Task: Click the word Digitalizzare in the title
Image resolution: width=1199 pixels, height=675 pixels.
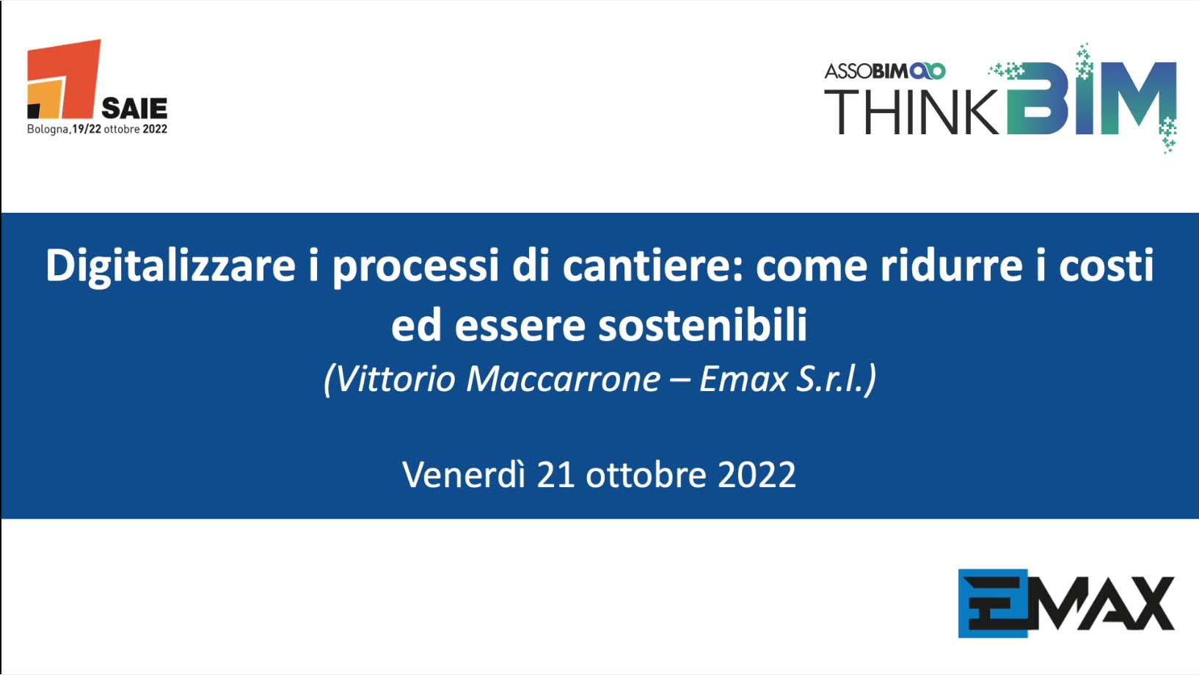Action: coord(170,266)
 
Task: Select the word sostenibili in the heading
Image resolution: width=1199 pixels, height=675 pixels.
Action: coord(702,325)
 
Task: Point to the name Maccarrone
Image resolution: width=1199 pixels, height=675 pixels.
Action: coord(563,379)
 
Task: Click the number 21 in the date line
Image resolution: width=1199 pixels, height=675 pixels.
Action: coord(555,475)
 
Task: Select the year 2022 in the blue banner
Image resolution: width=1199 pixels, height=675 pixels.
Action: coord(757,475)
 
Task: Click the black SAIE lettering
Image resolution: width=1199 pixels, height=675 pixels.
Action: coord(134,109)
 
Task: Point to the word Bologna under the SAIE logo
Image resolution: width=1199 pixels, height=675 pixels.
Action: coord(48,130)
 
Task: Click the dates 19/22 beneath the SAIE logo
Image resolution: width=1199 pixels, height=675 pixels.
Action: coord(87,129)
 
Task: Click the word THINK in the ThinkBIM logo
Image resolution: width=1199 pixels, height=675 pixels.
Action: coord(911,112)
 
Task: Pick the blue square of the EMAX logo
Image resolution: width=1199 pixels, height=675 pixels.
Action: coord(993,603)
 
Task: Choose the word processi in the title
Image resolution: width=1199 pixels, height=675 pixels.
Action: coord(416,266)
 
